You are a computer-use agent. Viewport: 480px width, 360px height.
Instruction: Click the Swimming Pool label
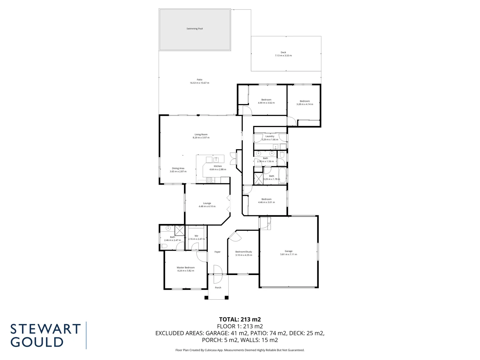195,29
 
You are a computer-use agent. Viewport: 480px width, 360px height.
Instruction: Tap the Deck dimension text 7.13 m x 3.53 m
283,56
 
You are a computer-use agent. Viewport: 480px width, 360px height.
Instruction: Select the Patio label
199,80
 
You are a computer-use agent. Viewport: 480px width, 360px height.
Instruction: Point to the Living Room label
201,135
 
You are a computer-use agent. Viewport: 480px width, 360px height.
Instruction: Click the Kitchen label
218,166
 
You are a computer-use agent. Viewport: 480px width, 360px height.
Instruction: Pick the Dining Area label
178,168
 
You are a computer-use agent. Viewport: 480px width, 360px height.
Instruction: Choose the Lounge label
207,203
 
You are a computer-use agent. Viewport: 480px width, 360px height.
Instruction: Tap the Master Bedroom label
186,268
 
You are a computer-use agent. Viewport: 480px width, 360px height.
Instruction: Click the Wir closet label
196,236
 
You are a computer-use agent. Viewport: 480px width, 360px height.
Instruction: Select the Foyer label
217,252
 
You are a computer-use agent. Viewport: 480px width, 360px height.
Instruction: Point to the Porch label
218,288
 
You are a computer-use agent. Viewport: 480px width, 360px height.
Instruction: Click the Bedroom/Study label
244,252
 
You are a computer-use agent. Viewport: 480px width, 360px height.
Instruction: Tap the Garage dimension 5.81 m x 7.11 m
289,254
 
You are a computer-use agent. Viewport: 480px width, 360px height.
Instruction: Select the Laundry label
270,136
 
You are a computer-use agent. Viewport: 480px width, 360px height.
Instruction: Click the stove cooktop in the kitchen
209,180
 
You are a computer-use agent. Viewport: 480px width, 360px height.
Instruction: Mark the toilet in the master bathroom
164,246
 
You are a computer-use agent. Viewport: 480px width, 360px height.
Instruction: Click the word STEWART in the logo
46,329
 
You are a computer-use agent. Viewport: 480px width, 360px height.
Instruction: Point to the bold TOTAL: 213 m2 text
240,320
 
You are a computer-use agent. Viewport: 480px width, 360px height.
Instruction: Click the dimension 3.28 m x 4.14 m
305,104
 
